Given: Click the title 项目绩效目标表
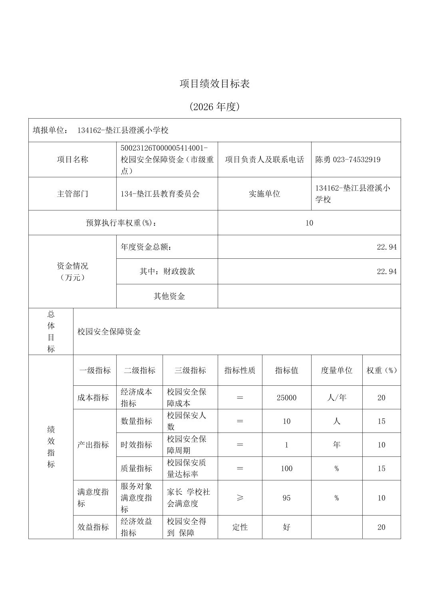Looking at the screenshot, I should tap(214, 84).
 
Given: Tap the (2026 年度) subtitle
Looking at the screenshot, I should tap(214, 107).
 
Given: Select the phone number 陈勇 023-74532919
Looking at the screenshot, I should tap(348, 160).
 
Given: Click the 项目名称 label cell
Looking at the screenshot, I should tap(72, 160).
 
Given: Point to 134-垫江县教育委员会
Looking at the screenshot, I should tap(160, 194).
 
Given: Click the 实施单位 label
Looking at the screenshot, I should tap(264, 194).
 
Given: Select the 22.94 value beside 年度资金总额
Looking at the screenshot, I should tap(387, 247).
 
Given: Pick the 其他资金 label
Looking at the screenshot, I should tap(169, 296).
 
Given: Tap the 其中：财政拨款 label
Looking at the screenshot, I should tap(167, 272).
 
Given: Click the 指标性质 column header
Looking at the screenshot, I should tap(240, 371).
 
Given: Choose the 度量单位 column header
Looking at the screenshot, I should tap(336, 371).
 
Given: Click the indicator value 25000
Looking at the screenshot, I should tap(286, 398).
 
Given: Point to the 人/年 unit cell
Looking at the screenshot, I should tap(336, 398).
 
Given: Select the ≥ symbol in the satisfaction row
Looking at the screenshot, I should tap(240, 498).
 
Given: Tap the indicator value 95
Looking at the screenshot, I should tap(286, 498).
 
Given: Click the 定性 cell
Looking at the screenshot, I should tap(240, 527).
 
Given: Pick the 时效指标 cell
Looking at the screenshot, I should tap(136, 445).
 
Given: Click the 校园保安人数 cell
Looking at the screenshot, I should tap(187, 421).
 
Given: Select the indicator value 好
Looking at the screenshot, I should tap(286, 527).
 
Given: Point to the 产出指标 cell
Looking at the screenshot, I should tap(93, 445).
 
